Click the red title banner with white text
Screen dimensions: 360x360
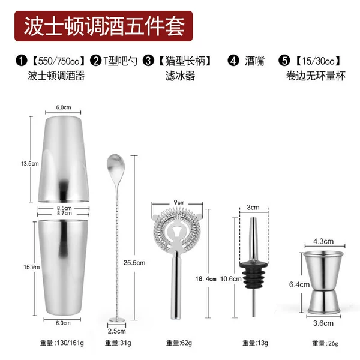pos(104,26)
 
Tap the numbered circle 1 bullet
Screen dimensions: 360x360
pos(22,61)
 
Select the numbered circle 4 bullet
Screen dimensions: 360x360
pos(233,61)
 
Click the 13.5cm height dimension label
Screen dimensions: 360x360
pos(29,164)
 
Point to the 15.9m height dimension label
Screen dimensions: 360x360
pos(31,267)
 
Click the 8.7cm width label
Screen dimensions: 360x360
pos(64,213)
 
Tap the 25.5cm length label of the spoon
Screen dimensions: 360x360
pos(134,263)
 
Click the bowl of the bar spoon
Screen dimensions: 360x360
pos(115,166)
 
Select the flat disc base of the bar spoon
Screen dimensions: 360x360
pos(117,320)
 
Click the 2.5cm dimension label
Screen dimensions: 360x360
pos(116,331)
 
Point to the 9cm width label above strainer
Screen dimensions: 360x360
pos(179,202)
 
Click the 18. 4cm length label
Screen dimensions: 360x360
pos(206,279)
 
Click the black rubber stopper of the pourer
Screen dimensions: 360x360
pos(253,275)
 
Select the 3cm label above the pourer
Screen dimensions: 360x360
pos(253,208)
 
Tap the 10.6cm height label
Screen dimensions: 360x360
pos(231,279)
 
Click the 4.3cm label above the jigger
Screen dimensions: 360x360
pos(323,241)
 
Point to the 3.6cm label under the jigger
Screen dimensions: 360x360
pos(323,323)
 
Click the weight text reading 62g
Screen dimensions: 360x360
pos(179,343)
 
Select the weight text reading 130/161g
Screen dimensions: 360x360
pos(62,343)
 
